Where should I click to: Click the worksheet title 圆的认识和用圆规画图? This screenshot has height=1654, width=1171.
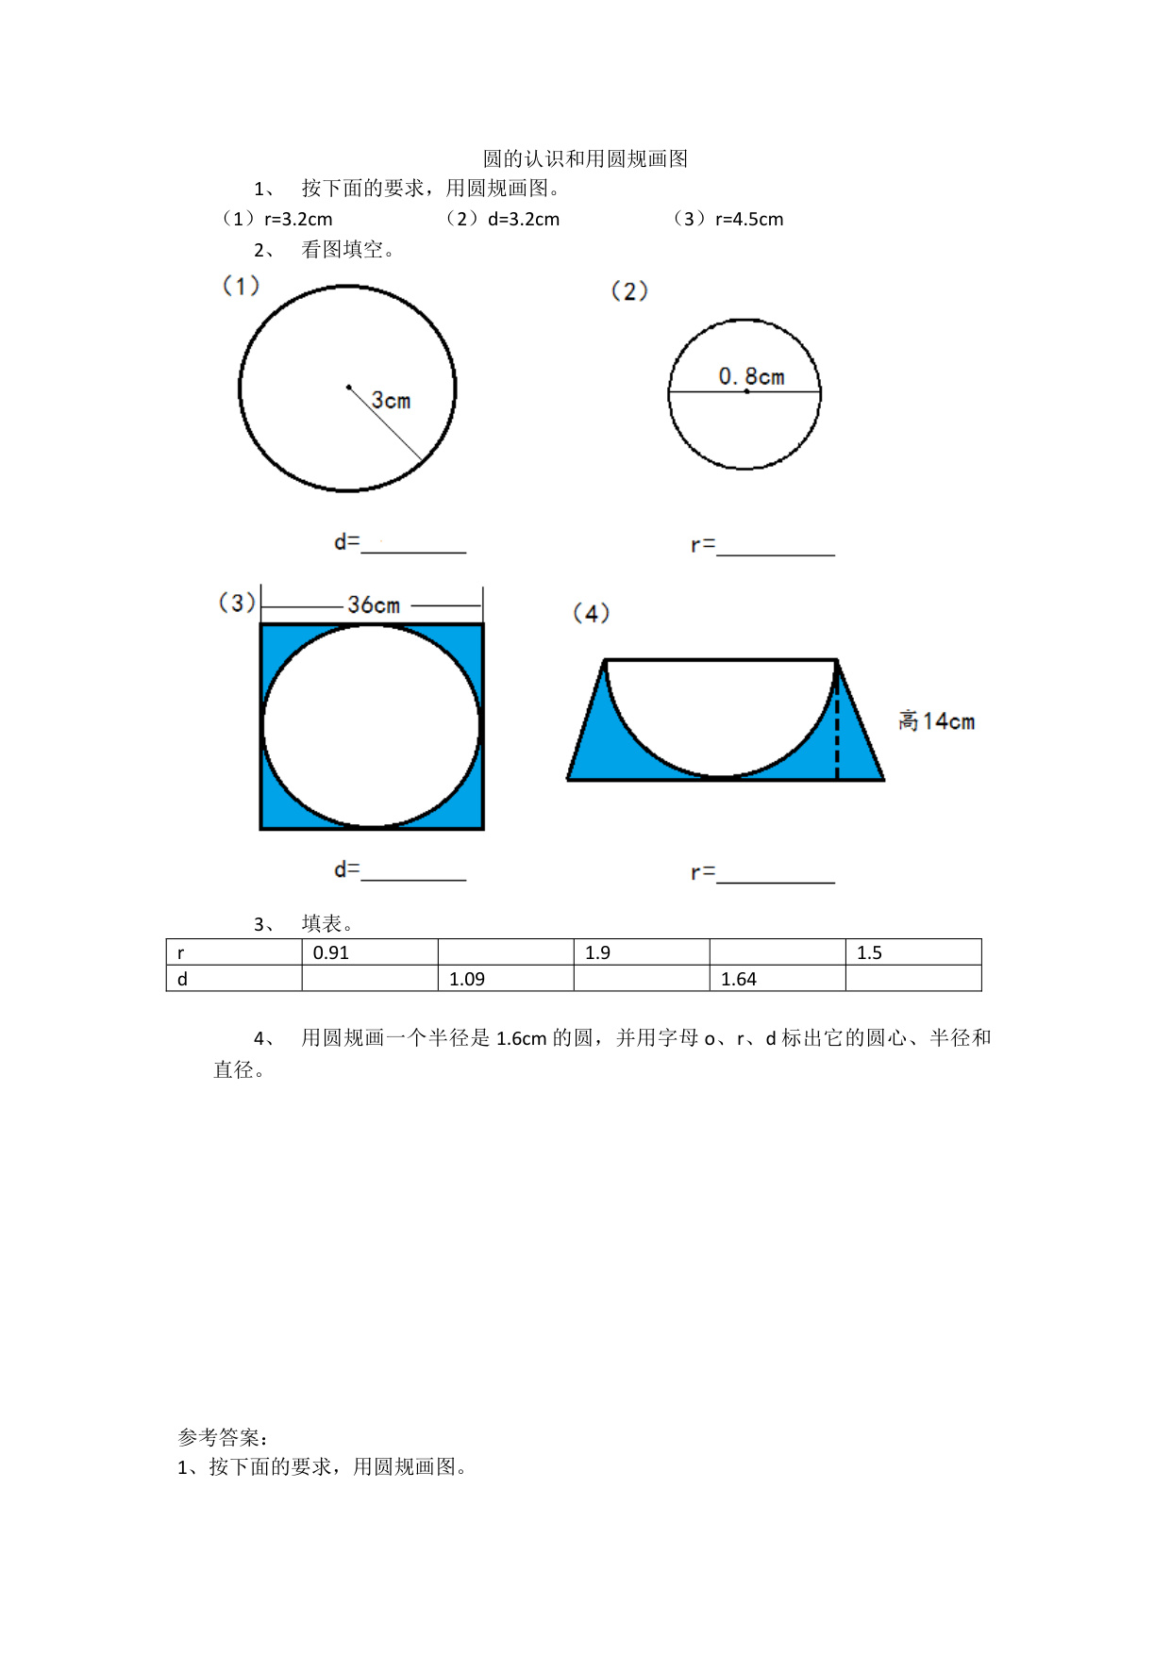585,158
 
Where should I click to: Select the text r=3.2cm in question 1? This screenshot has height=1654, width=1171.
298,220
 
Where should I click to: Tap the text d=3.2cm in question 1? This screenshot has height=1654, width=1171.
524,220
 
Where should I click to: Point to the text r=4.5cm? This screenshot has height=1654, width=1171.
749,220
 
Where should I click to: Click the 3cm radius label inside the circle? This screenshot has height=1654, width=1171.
391,401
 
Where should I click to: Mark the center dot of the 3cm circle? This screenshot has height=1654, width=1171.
349,387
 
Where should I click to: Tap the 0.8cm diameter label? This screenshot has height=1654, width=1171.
751,376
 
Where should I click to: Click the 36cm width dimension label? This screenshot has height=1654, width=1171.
374,604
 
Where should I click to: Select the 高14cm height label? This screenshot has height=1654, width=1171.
936,721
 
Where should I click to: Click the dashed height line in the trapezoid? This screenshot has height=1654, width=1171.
837,720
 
